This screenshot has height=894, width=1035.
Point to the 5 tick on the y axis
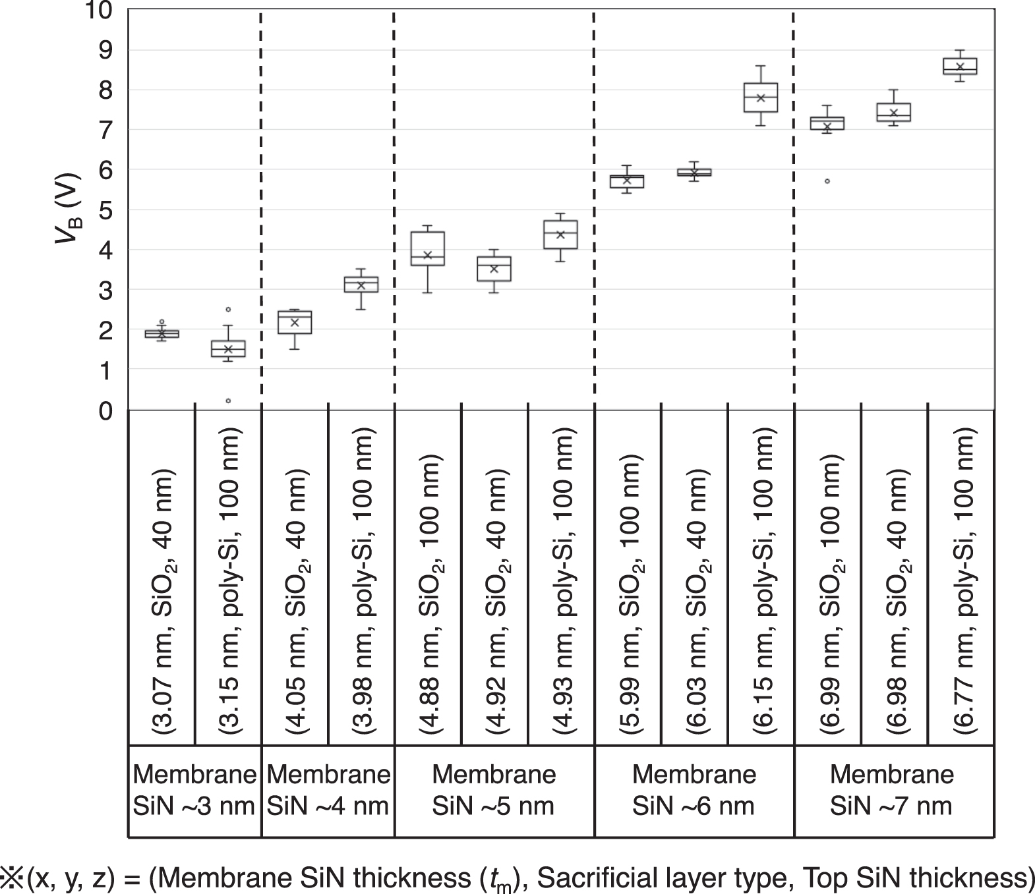[x=105, y=210]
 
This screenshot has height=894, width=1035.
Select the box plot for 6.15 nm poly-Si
[x=761, y=98]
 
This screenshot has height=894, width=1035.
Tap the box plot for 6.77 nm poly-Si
[x=960, y=66]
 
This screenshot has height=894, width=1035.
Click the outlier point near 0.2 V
[x=228, y=401]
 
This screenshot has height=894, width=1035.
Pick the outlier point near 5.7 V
[x=827, y=181]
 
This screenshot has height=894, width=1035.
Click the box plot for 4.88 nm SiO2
[x=427, y=248]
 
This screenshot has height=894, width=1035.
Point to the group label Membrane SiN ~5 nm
[x=494, y=790]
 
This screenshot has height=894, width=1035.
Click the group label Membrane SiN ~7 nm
[x=892, y=790]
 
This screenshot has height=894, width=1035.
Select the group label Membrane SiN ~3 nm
[x=194, y=790]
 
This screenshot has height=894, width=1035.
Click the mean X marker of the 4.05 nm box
[x=295, y=322]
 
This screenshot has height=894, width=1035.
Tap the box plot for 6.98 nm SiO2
[x=893, y=112]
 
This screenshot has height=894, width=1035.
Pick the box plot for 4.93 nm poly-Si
[x=560, y=235]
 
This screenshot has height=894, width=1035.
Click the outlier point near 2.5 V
[x=228, y=309]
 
